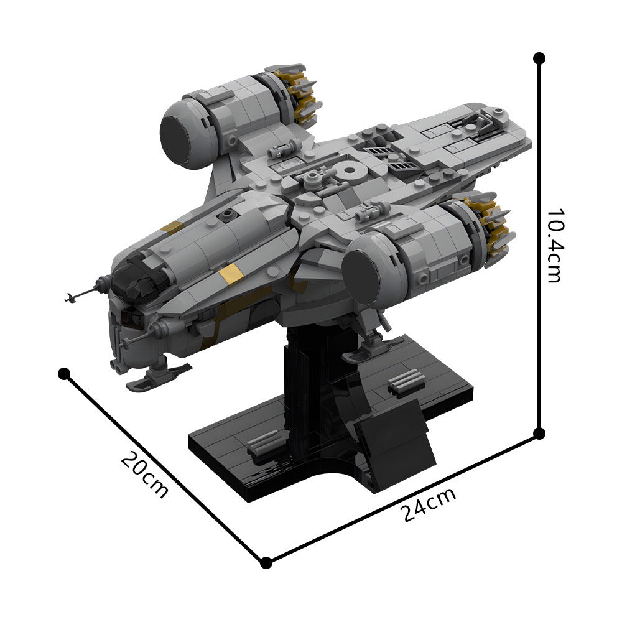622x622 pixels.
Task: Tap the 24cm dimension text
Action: pos(429,504)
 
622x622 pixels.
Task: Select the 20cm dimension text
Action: pos(144,475)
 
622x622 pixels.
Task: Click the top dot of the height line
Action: pos(539,58)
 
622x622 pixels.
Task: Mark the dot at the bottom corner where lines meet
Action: pos(266,563)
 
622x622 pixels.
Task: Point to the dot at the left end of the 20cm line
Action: pos(63,373)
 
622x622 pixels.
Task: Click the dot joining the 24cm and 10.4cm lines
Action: pos(539,432)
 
